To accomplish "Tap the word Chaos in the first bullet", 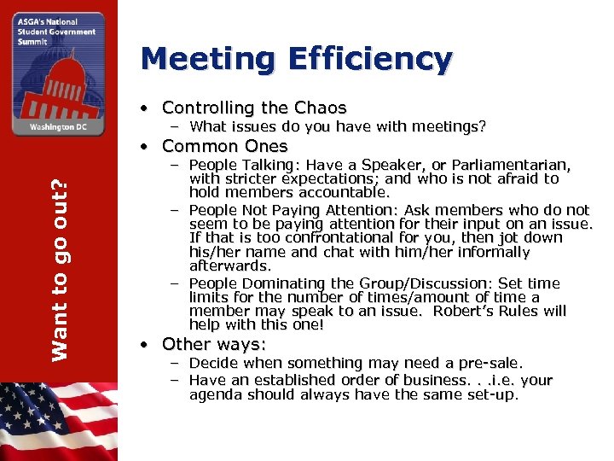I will [x=320, y=108].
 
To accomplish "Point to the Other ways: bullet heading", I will [x=214, y=344].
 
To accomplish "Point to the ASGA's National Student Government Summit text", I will [x=47, y=31].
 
